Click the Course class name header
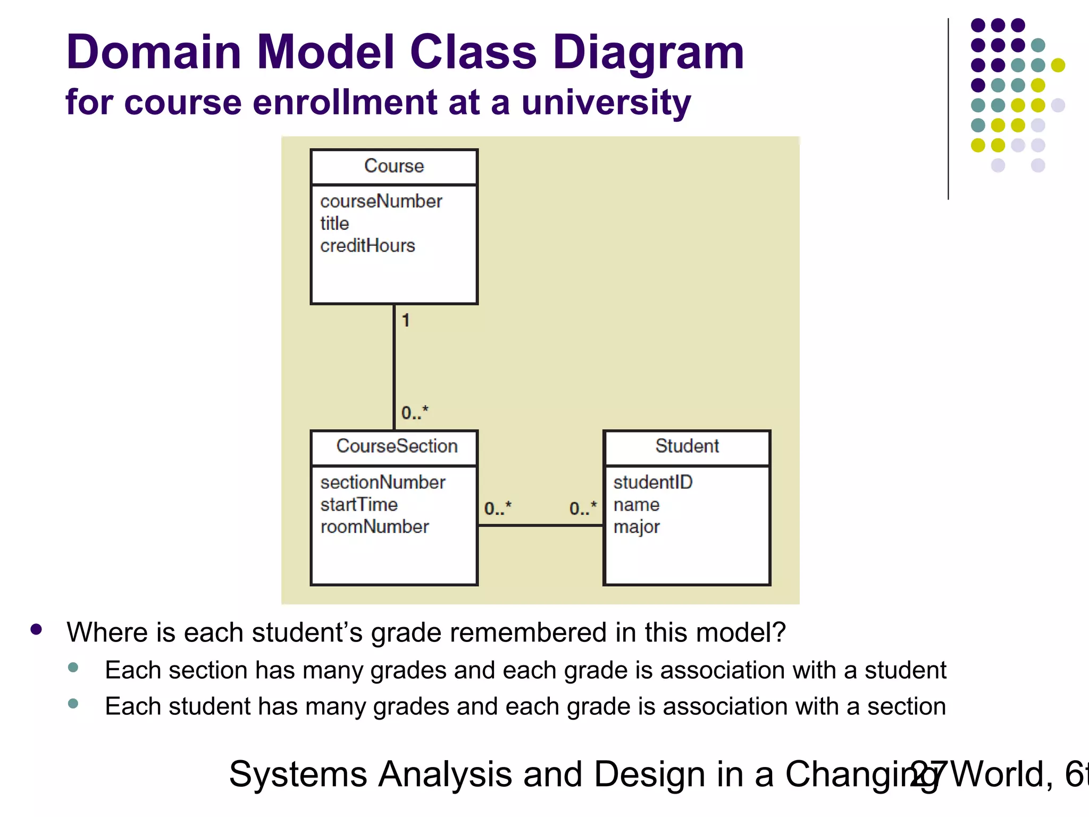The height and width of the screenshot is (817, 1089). point(394,166)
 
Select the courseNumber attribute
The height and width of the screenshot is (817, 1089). point(381,201)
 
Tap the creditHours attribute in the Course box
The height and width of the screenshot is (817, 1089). point(367,246)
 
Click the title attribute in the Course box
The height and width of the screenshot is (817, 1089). point(334,223)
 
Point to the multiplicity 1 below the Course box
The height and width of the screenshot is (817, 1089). point(406,320)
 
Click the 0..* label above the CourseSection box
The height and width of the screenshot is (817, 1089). point(414,413)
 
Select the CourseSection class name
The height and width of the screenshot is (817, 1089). point(397,446)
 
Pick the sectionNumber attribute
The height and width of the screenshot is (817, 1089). point(382,482)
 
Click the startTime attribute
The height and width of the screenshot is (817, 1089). point(359,504)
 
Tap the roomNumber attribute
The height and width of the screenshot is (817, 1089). point(374,527)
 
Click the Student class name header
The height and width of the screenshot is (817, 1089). point(687,446)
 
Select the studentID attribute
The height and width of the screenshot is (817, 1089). point(652,482)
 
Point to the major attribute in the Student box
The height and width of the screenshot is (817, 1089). point(636,527)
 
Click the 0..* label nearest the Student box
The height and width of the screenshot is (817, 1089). point(583,508)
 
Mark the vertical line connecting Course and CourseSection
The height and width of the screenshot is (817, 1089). point(394,367)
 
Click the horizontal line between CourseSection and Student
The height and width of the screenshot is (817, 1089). point(540,526)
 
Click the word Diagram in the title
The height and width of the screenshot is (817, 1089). point(648,53)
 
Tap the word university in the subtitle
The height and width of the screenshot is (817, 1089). point(606,102)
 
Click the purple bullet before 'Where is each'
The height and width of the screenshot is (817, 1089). point(36,630)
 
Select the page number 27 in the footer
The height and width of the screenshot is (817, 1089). point(928,774)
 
